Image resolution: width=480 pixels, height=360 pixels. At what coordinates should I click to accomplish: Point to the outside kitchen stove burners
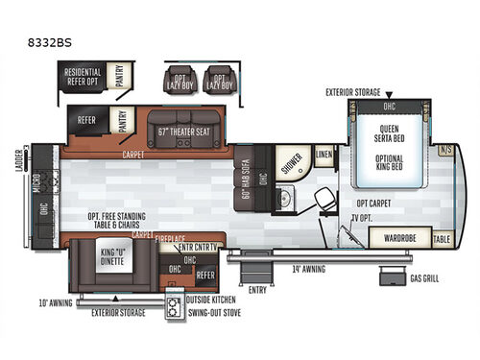point(175,307)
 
